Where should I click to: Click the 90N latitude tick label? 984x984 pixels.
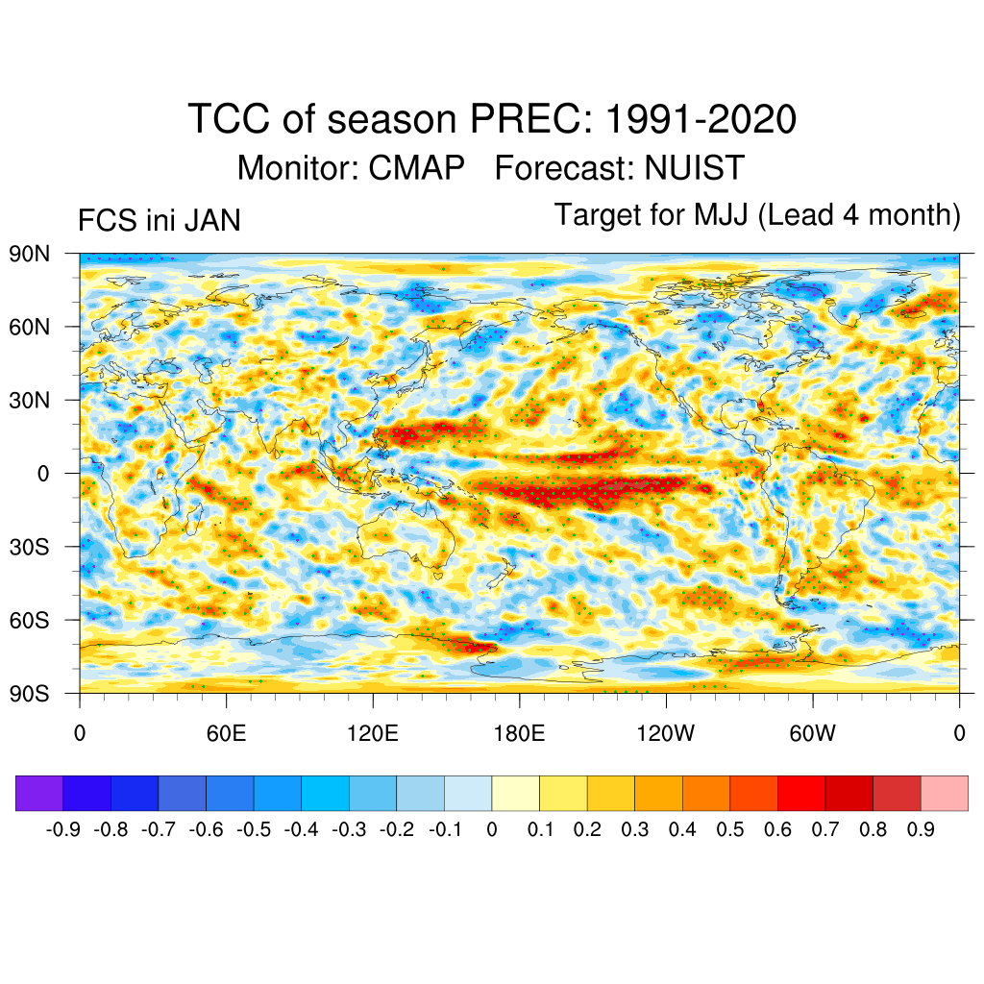29,254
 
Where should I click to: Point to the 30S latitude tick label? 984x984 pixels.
29,547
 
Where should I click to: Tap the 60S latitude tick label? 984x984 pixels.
29,620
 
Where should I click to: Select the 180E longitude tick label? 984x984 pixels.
519,734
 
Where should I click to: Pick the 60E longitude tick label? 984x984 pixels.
226,734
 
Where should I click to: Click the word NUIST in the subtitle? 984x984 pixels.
695,168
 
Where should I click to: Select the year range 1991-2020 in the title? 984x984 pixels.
701,120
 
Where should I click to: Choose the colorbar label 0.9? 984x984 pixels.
921,829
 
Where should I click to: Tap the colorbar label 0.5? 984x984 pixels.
730,829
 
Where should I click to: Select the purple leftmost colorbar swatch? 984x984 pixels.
39,794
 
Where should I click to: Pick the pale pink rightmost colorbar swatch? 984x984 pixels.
944,794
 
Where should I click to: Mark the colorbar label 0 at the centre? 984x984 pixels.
492,829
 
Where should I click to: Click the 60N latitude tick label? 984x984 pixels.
29,327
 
